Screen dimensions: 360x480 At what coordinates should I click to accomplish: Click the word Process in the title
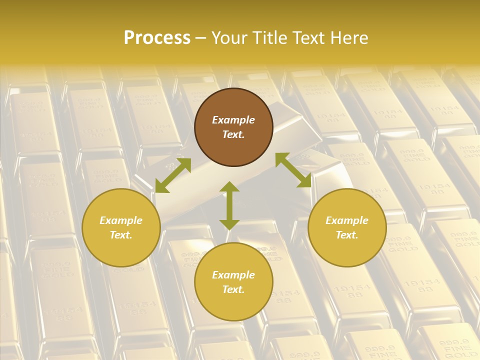pos(157,38)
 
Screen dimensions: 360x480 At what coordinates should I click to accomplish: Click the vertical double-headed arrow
pos(229,206)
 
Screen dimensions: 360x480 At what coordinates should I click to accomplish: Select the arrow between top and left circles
pos(173,175)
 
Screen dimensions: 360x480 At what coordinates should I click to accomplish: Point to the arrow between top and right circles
pos(293,170)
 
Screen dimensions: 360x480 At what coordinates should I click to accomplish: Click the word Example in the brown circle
pos(233,120)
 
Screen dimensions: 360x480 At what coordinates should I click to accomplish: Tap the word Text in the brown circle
pos(233,134)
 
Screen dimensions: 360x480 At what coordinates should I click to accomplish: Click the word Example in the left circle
pos(121,220)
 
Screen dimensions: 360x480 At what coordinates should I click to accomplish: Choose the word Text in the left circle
pos(121,235)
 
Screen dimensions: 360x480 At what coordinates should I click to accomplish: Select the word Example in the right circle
pos(347,220)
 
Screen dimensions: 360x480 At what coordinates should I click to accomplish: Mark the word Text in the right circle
pos(347,235)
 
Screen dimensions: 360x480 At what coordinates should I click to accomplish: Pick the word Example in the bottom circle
pos(233,275)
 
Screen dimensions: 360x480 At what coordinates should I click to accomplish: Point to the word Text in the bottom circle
pos(233,289)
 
